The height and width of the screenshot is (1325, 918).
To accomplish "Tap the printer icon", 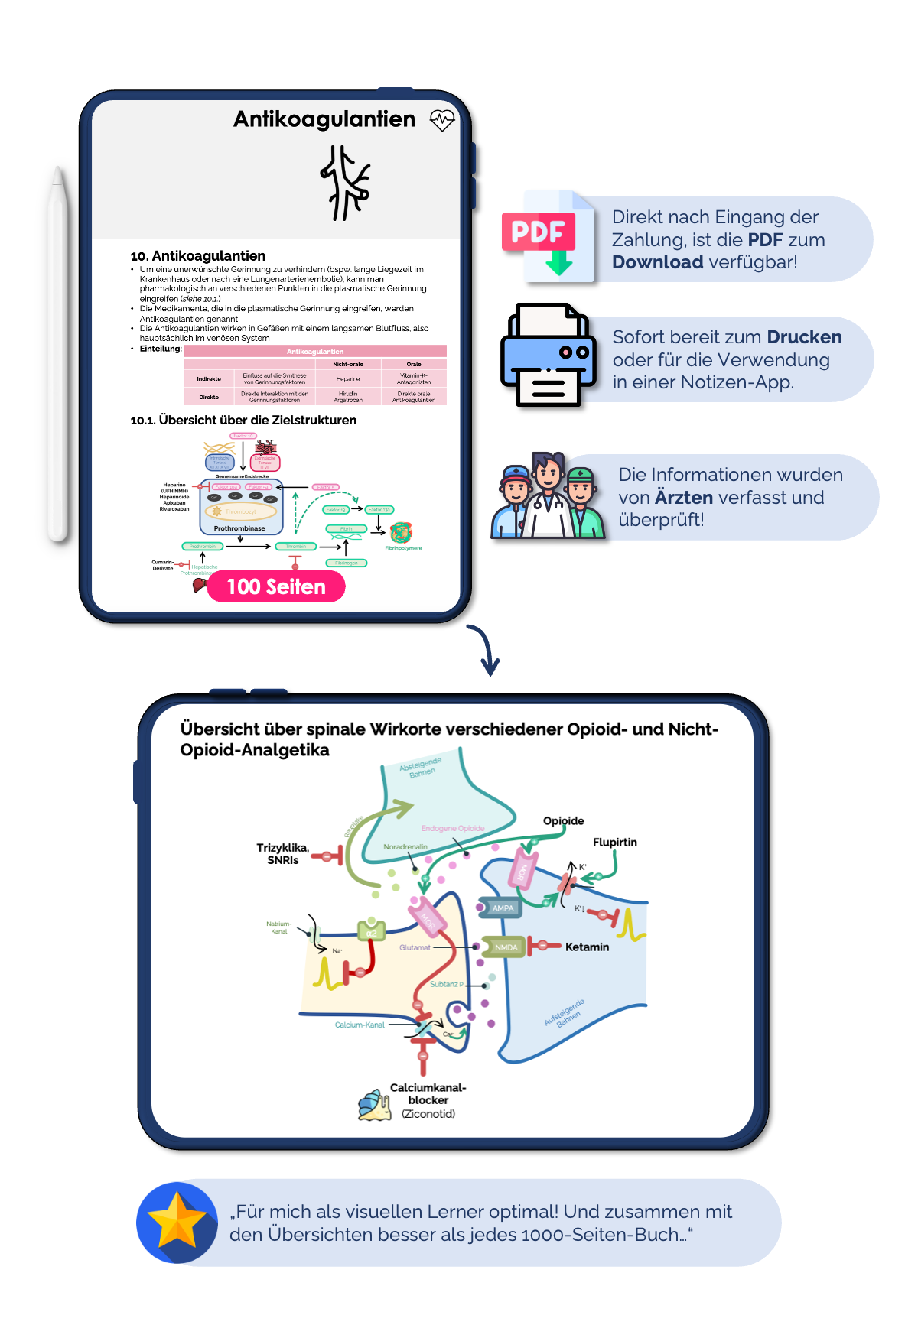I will tap(548, 356).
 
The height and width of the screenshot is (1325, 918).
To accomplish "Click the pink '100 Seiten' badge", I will tap(276, 586).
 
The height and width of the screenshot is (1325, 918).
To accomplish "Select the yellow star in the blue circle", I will tap(177, 1221).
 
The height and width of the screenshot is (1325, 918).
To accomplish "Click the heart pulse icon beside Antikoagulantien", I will tap(442, 120).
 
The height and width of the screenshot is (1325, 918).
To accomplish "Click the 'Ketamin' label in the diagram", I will tap(587, 947).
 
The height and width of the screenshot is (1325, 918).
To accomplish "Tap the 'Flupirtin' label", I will tap(614, 842).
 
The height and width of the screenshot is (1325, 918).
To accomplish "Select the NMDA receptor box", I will tap(505, 947).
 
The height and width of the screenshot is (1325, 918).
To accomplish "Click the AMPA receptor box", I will tap(502, 908).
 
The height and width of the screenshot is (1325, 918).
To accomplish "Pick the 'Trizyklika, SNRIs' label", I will tap(283, 853).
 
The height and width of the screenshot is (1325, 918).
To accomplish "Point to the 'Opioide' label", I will tap(563, 820).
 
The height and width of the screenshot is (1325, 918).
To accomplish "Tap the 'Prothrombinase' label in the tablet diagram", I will tap(239, 528).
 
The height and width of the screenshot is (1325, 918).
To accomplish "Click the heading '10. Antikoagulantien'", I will tap(198, 255).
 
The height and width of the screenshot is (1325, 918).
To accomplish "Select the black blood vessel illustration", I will tap(345, 183).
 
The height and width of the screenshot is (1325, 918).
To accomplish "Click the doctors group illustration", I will tap(547, 496).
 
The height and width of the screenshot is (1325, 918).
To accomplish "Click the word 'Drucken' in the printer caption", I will tap(804, 337).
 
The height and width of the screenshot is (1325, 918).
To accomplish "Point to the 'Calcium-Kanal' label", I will tap(360, 1025).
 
